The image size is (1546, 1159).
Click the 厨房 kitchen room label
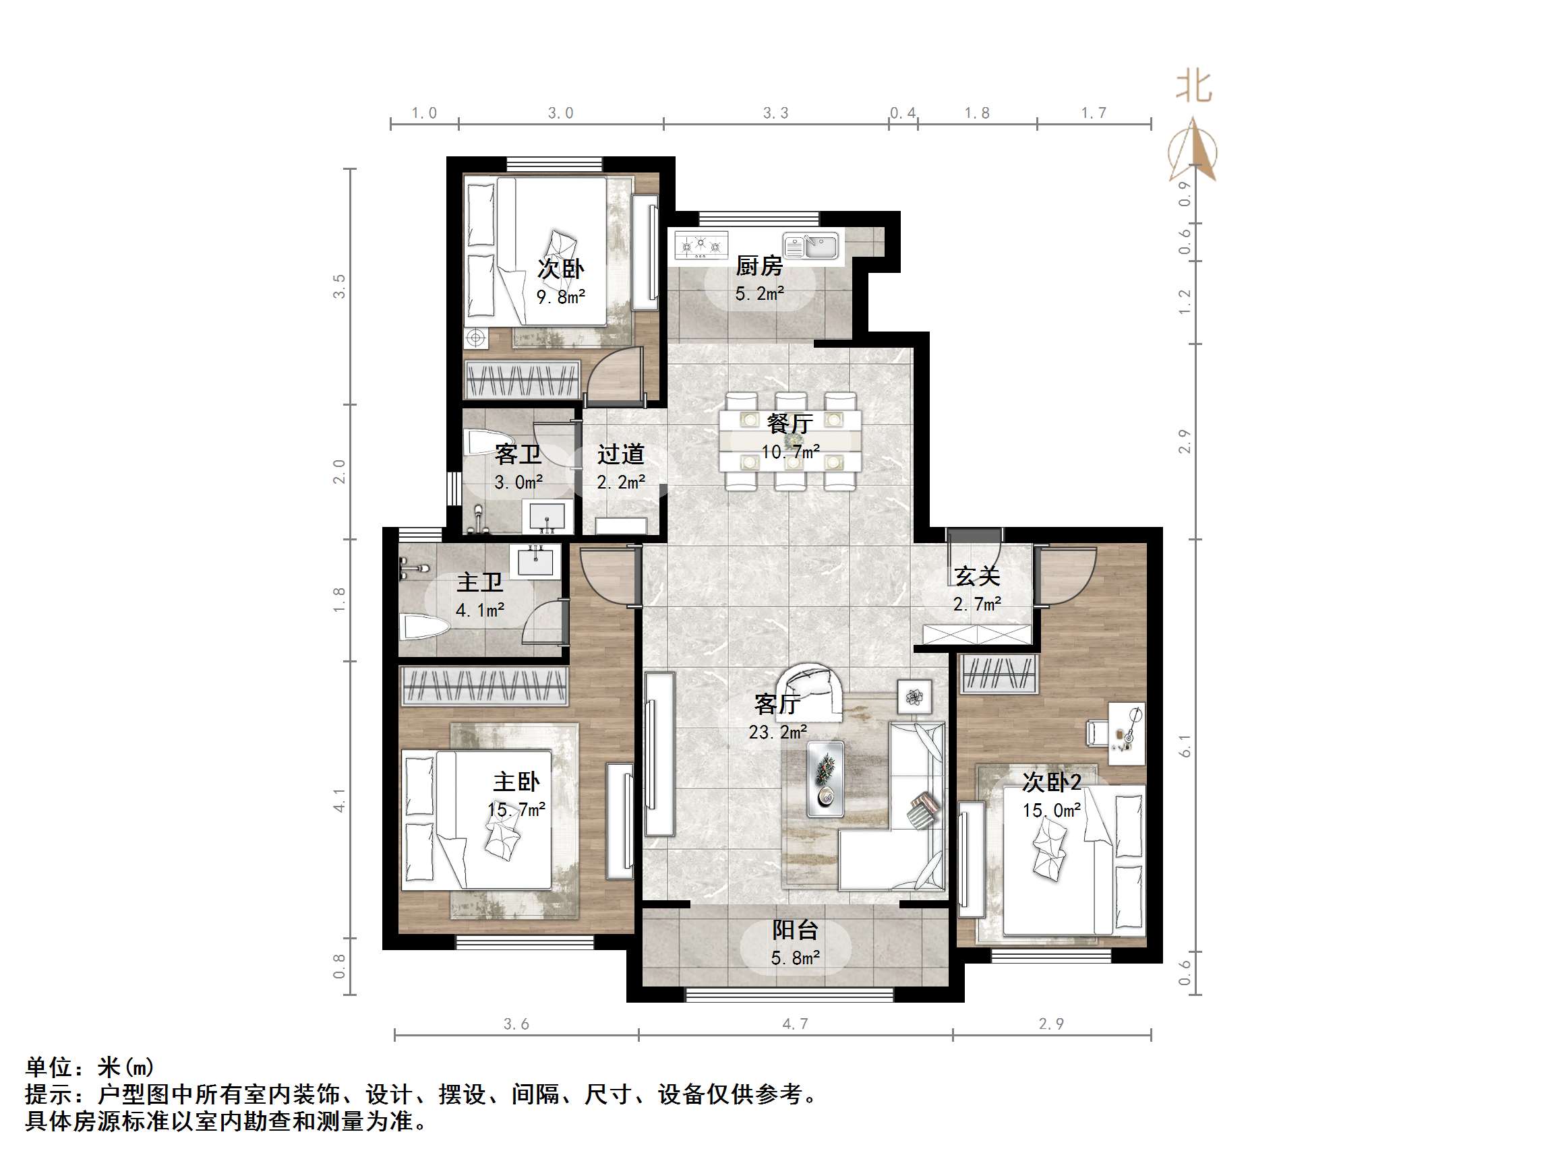759,266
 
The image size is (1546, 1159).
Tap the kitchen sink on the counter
810,247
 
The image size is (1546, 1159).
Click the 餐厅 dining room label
790,423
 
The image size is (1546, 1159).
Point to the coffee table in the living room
825,778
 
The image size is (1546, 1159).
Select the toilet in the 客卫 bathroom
481,442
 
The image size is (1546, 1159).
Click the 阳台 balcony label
795,930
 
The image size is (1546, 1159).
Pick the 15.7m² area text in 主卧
516,810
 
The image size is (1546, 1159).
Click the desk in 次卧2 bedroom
1127,734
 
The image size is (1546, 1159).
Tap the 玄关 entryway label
977,576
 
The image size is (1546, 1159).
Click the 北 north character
1194,88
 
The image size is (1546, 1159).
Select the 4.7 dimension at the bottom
795,1024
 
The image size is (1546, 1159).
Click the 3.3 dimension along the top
775,113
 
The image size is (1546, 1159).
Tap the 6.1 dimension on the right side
1184,745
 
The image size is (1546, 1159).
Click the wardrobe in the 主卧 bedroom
483,685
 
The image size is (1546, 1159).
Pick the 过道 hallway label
620,455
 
